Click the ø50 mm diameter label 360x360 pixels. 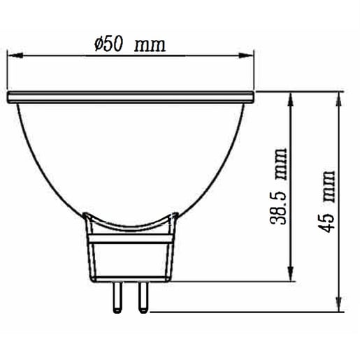(x=129, y=45)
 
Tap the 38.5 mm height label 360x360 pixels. (x=282, y=187)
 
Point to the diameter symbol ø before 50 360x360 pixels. (x=98, y=45)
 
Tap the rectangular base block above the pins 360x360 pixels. (x=131, y=259)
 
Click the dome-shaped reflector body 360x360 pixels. (x=131, y=154)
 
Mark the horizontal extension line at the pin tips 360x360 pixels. (x=245, y=311)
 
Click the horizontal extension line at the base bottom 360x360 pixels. (x=231, y=280)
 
